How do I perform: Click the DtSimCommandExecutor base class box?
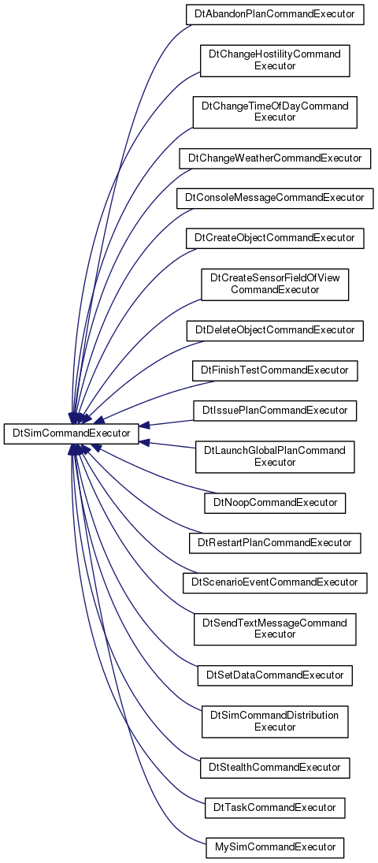pyautogui.click(x=71, y=433)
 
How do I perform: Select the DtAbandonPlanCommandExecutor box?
pyautogui.click(x=275, y=13)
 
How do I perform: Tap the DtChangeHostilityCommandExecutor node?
pyautogui.click(x=275, y=61)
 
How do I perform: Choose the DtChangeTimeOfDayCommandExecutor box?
pyautogui.click(x=275, y=112)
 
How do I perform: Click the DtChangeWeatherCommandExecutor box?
pyautogui.click(x=275, y=158)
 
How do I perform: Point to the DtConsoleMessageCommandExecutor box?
pyautogui.click(x=275, y=198)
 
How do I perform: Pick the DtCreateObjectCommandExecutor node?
pyautogui.click(x=275, y=238)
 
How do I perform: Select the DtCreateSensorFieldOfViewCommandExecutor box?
pyautogui.click(x=275, y=285)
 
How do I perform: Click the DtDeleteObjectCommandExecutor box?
pyautogui.click(x=275, y=330)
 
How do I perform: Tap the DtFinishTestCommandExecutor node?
pyautogui.click(x=275, y=370)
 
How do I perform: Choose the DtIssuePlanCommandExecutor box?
pyautogui.click(x=275, y=411)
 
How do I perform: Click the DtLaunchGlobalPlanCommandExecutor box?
pyautogui.click(x=275, y=457)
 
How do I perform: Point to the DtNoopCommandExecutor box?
pyautogui.click(x=275, y=503)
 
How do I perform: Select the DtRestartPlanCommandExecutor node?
pyautogui.click(x=275, y=543)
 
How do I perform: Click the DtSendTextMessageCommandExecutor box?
pyautogui.click(x=275, y=629)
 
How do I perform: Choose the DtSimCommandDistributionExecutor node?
pyautogui.click(x=275, y=722)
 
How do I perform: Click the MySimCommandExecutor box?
pyautogui.click(x=275, y=847)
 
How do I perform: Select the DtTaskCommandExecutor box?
pyautogui.click(x=275, y=807)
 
